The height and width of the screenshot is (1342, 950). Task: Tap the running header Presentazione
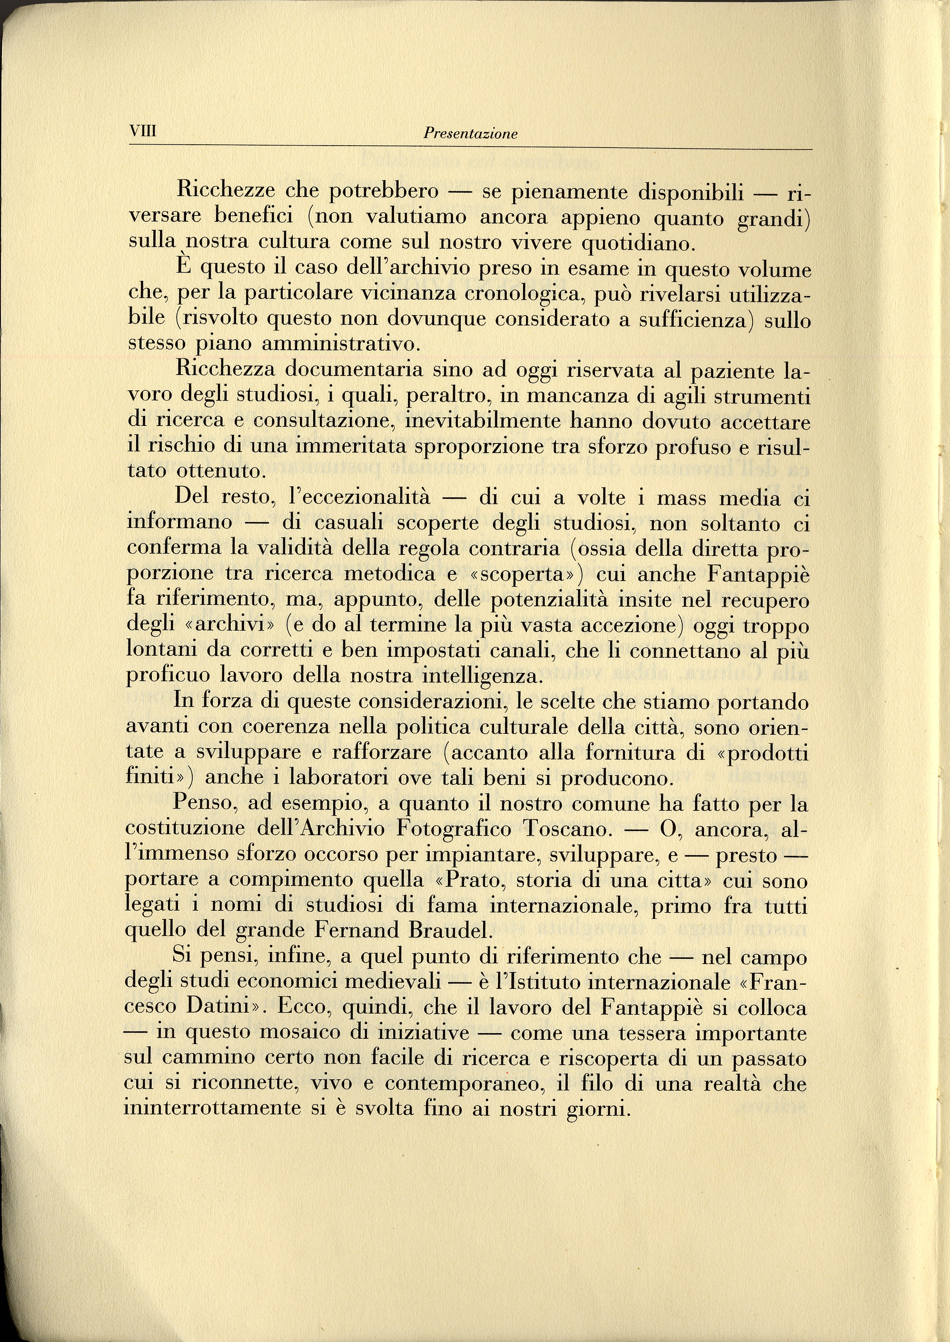(x=471, y=134)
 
